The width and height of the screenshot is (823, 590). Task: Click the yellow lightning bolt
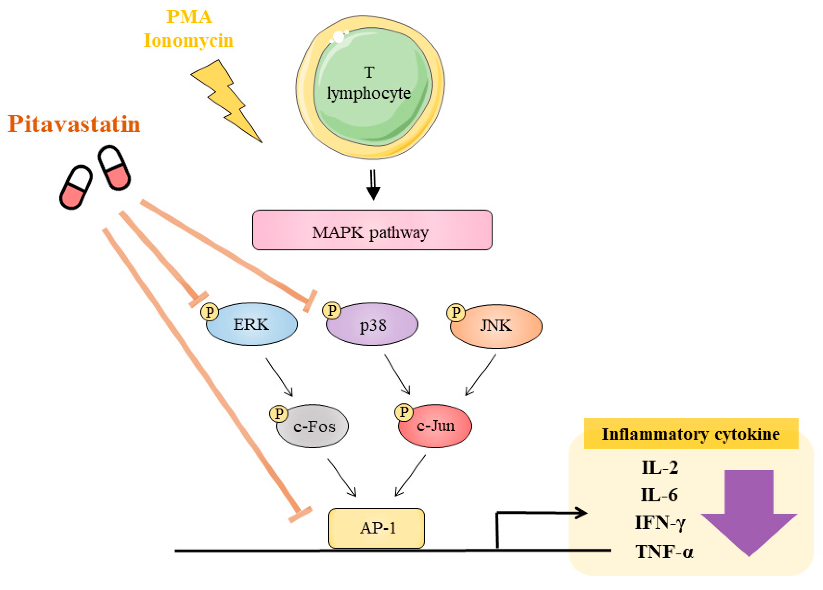click(x=227, y=102)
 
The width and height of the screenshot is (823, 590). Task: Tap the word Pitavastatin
click(x=74, y=124)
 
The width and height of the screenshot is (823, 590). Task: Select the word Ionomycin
click(x=188, y=40)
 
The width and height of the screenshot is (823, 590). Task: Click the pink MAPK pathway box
click(x=372, y=230)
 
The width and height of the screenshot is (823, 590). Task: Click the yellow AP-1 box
click(x=376, y=528)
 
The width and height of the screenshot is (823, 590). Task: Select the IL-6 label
click(x=659, y=495)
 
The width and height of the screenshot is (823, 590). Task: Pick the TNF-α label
click(x=664, y=552)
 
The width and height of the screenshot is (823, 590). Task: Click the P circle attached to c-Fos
click(x=279, y=414)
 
